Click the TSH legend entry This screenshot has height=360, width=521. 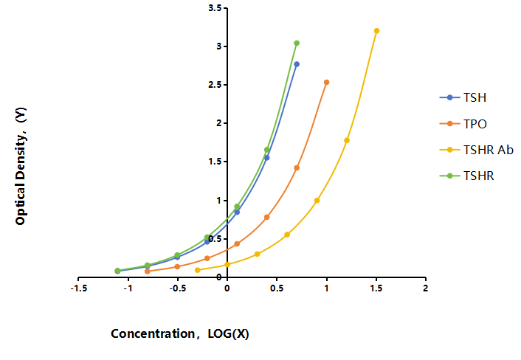pos(463,97)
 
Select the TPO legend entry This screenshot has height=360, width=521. pos(463,124)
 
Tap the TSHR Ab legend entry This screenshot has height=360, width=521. pos(476,150)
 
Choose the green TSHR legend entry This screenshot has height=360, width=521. pos(466,176)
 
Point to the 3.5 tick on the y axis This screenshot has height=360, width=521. pos(215,7)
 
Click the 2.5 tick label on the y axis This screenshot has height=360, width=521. pos(215,85)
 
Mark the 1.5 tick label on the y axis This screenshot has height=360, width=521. pos(215,162)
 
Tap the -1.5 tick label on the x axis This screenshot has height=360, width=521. pos(79,288)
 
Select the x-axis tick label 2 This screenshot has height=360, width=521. pos(426,288)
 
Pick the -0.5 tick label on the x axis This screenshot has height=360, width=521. pos(177,288)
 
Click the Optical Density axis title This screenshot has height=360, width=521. pos(21,166)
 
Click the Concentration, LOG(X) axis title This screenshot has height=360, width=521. pos(180,333)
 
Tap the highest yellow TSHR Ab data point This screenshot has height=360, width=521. pos(376,31)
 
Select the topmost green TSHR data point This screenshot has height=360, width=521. pos(297,44)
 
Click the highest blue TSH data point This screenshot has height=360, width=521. pos(297,64)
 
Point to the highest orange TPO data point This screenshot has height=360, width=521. pos(327,83)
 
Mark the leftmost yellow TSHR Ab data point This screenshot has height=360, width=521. pos(198,270)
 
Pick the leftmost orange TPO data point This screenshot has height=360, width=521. pos(148,271)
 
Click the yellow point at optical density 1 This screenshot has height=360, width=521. pos(317,201)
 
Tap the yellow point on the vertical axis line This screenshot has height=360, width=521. pos(227,264)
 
